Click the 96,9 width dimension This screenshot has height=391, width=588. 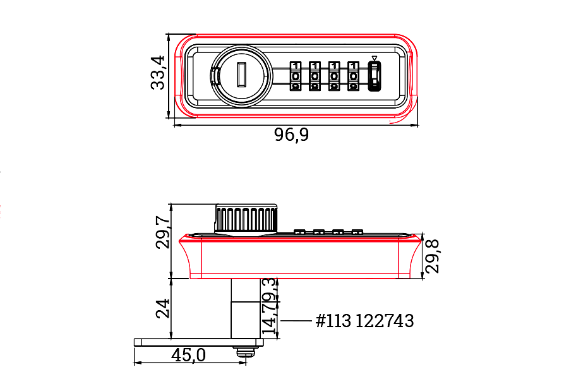(x=291, y=135)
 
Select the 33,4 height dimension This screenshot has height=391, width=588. (x=158, y=73)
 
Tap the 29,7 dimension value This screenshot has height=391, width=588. (x=162, y=232)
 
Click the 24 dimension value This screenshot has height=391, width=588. (x=162, y=309)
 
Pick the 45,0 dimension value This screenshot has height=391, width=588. (x=188, y=356)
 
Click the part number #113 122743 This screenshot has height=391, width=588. (x=365, y=321)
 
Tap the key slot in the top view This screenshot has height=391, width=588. (x=241, y=75)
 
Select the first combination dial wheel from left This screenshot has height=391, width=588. (x=296, y=76)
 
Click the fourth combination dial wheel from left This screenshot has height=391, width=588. (x=353, y=76)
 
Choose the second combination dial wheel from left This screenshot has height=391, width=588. (x=315, y=76)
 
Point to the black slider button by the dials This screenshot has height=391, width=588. (x=375, y=76)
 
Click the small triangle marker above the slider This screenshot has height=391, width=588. (x=375, y=59)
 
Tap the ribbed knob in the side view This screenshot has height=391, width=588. (x=246, y=219)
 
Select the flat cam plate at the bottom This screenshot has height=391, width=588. (x=198, y=342)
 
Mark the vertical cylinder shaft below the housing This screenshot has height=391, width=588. (x=243, y=308)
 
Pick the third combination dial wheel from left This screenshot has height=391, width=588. (x=333, y=76)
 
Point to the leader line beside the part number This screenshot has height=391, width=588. (x=296, y=321)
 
